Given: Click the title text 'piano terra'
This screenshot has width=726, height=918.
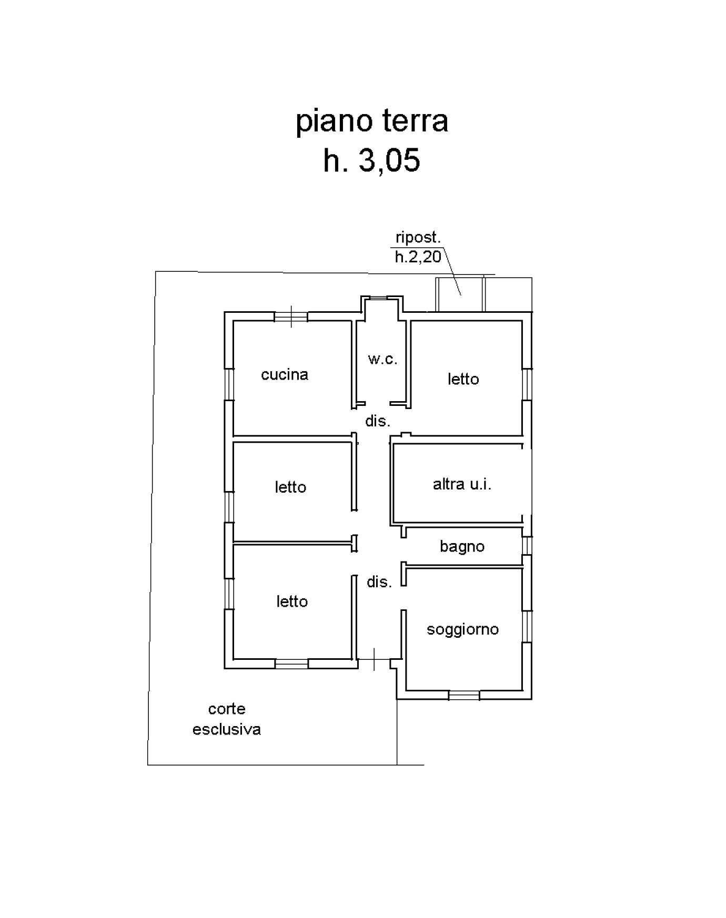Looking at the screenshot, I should point(371,121).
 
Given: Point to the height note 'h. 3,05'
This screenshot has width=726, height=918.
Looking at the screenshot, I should point(371,160).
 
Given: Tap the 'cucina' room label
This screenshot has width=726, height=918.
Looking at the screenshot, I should point(285,375).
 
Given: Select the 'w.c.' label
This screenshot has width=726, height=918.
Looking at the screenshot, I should point(382,360).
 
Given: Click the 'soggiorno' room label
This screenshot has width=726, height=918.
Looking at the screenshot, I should point(462,629).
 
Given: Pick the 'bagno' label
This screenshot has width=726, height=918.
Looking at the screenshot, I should point(462,547).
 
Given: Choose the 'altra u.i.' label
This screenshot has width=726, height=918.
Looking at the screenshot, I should point(462,484).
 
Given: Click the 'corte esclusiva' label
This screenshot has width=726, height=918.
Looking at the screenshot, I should point(227,719).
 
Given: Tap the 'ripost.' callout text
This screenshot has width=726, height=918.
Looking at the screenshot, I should point(418,238).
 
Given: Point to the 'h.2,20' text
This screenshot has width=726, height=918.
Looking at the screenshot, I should point(418,257).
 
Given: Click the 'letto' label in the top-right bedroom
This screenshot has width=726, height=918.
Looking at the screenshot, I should point(463,379).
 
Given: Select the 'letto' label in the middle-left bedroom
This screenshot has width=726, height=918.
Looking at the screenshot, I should point(290,487).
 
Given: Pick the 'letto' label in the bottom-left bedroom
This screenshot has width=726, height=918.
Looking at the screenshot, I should point(292,601).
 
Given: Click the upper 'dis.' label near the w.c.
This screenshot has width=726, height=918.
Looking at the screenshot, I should point(378,421).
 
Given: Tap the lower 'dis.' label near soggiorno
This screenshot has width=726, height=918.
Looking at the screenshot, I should point(379,582).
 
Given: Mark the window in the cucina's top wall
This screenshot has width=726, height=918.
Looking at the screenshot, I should point(291,317).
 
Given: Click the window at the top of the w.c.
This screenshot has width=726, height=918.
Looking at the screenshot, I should point(379,298).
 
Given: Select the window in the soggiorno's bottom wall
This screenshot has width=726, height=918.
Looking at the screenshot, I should point(464,695).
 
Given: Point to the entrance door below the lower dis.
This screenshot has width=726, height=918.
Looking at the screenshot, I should point(374,659).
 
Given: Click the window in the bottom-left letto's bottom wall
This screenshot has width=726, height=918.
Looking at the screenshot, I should point(291,664).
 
